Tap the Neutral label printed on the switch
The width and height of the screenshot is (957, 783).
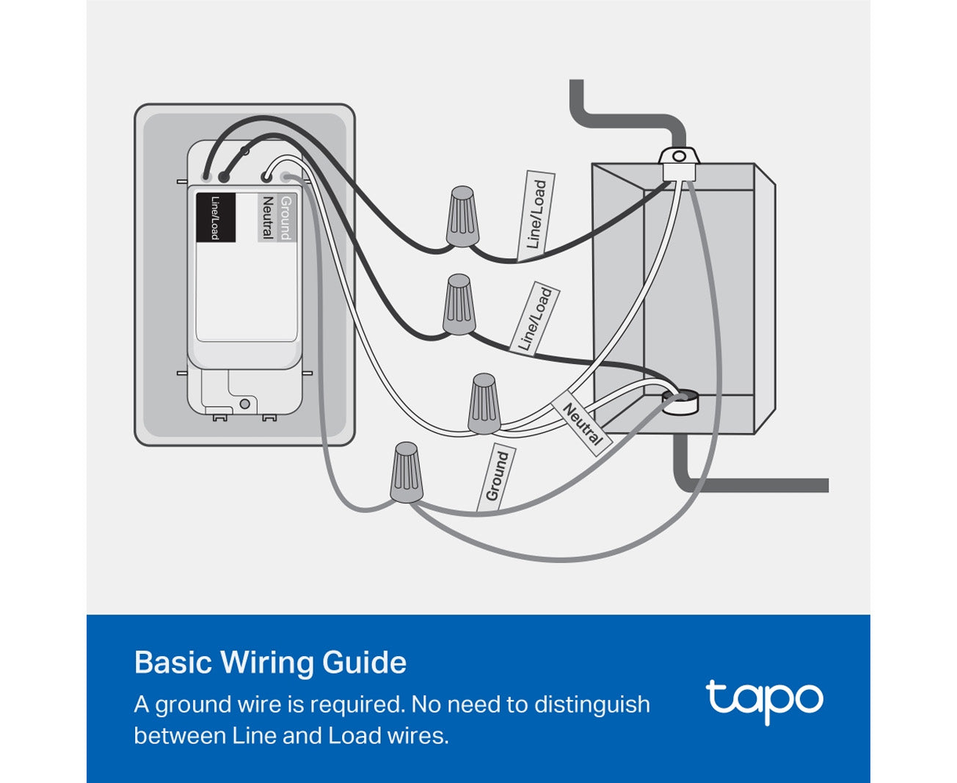[267, 217]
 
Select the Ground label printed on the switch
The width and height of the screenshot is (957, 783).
[285, 217]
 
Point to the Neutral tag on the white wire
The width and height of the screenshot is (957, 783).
[582, 424]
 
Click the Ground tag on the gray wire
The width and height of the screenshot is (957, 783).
[497, 476]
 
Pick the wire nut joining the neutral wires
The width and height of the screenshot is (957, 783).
[484, 404]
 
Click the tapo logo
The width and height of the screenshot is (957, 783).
[764, 702]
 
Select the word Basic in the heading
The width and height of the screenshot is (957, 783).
[173, 663]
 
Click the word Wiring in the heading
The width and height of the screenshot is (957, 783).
[267, 663]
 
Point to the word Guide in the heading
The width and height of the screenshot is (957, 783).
[364, 663]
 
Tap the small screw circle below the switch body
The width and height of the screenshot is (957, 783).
[244, 404]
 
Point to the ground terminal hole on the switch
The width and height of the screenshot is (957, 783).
[285, 178]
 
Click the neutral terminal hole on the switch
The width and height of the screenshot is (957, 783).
[265, 176]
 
